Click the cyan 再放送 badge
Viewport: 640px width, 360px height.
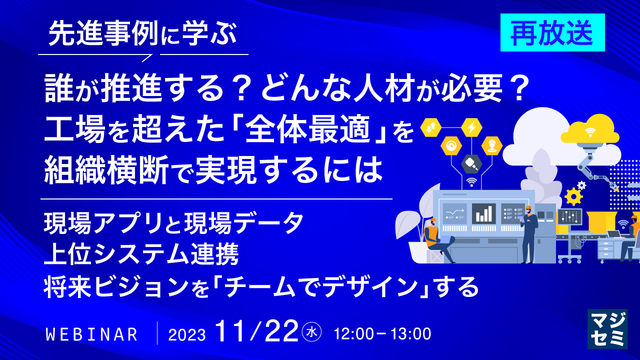552,32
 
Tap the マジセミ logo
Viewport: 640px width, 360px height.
607,328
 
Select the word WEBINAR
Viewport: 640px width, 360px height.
91,334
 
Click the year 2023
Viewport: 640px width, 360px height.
187,334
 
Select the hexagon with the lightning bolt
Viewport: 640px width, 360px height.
471,127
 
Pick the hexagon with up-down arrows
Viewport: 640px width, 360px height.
430,128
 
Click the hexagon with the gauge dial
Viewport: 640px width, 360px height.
451,146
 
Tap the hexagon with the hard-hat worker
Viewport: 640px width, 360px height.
491,145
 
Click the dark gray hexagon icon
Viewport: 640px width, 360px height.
471,162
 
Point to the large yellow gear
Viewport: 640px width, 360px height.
573,196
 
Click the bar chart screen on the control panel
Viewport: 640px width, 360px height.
483,213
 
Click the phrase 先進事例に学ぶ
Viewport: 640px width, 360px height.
142,35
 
